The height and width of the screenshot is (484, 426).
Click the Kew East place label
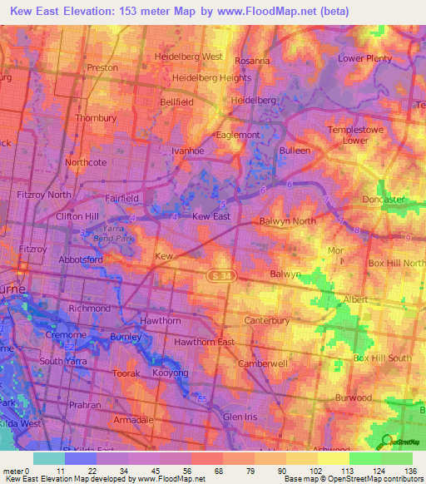(x=211, y=216)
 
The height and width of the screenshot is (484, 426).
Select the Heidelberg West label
(x=189, y=57)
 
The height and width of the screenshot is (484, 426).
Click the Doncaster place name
(x=383, y=200)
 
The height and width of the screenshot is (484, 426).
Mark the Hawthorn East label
(x=203, y=342)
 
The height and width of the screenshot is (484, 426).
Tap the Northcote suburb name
(x=86, y=162)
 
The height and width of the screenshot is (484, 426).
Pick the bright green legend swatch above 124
(x=364, y=458)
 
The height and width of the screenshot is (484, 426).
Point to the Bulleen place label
(x=295, y=151)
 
